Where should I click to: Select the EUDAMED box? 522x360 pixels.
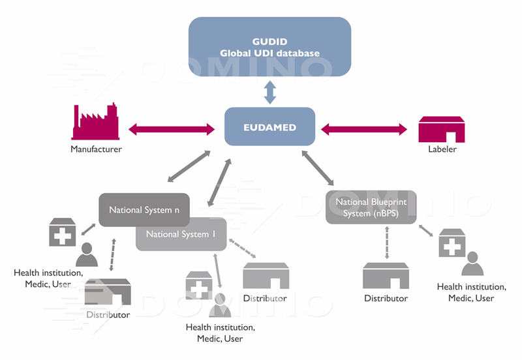click(x=269, y=127)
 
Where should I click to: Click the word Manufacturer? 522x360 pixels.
click(x=97, y=149)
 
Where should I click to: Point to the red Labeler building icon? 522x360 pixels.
click(x=441, y=128)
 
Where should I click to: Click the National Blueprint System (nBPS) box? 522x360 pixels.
click(x=370, y=207)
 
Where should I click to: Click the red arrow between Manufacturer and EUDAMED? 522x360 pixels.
click(x=172, y=128)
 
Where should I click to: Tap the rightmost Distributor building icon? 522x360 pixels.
click(x=386, y=276)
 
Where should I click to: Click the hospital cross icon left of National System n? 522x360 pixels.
click(x=62, y=232)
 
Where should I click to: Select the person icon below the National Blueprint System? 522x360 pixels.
click(x=472, y=262)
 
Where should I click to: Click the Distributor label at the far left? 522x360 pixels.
click(x=108, y=315)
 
